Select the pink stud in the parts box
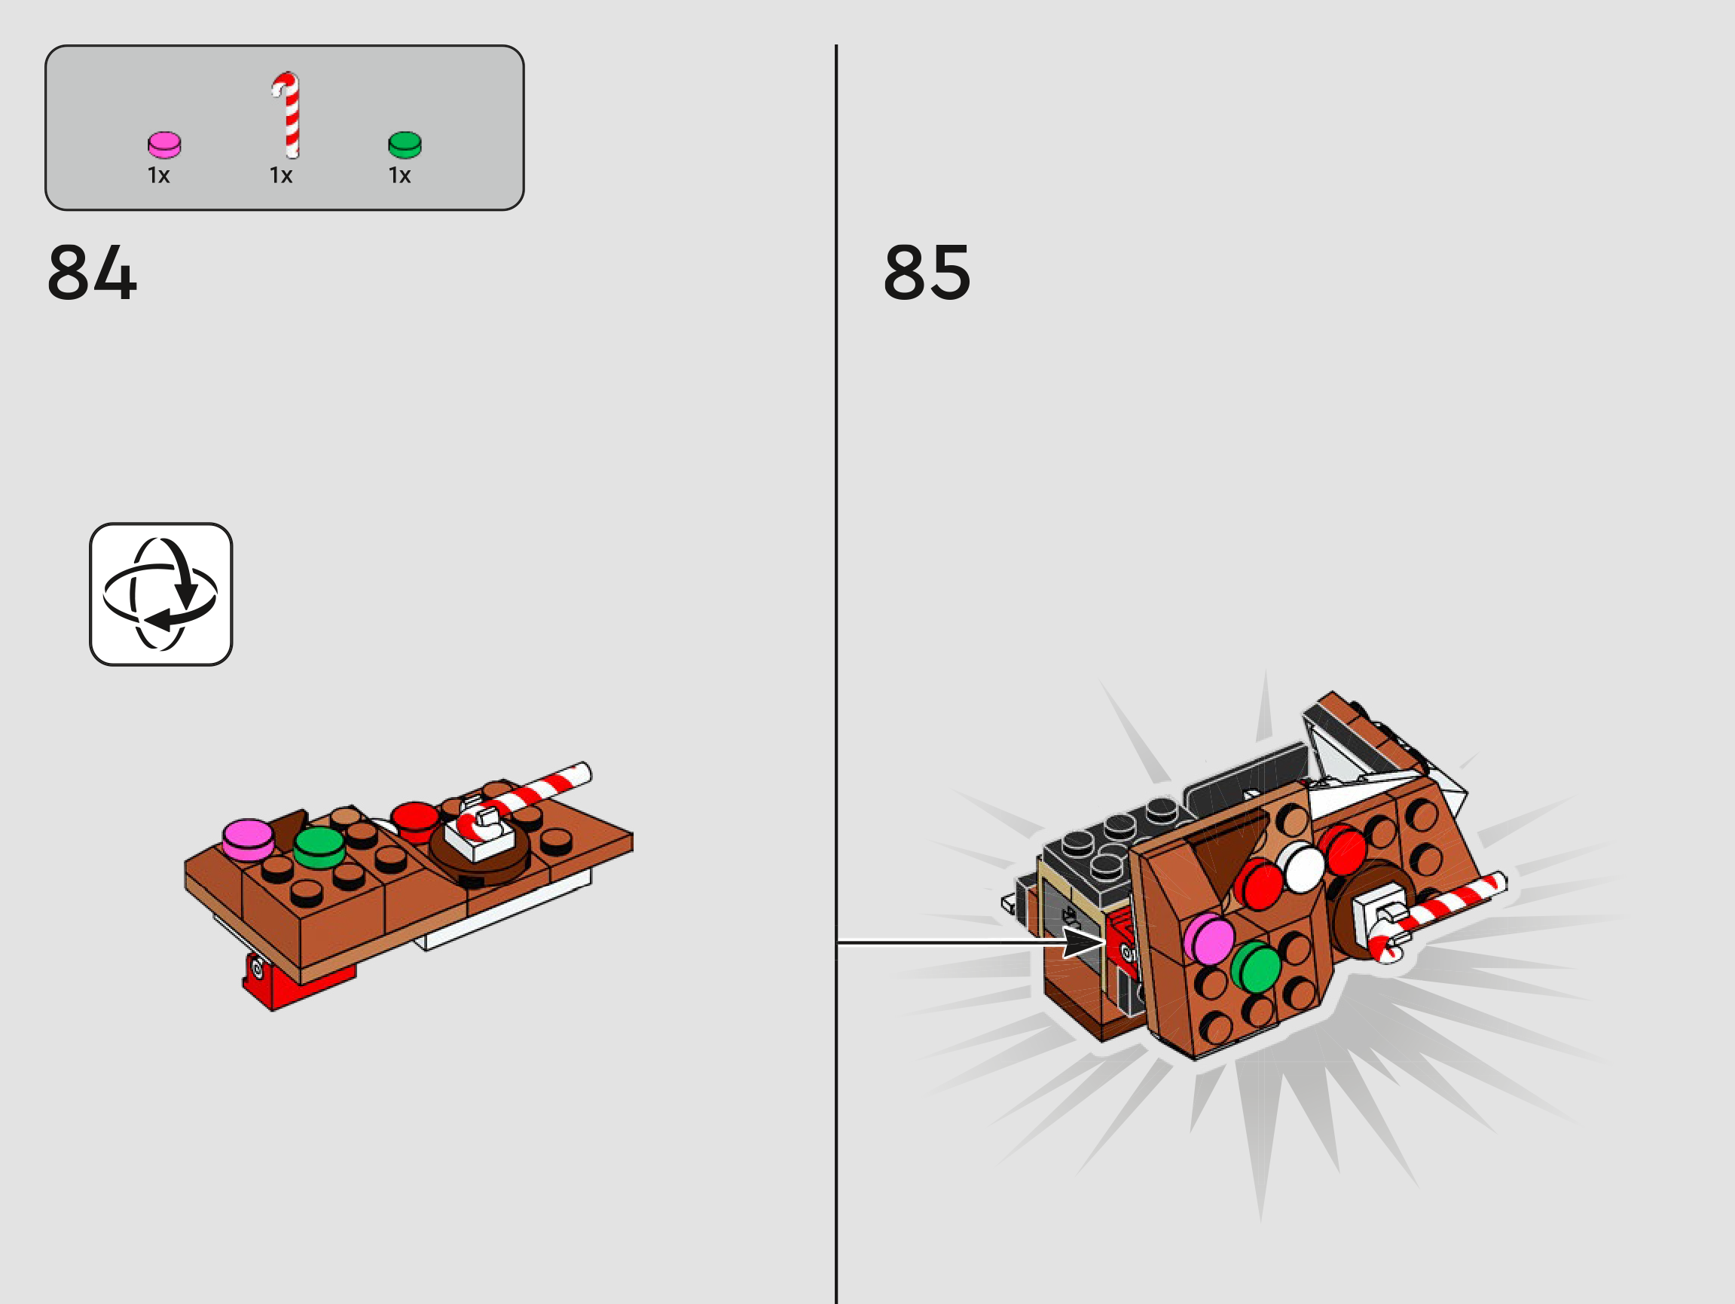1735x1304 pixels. click(x=165, y=145)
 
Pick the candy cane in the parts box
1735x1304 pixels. click(x=287, y=115)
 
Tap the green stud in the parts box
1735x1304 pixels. click(x=405, y=145)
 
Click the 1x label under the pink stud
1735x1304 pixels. click(x=158, y=176)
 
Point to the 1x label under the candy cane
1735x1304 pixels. click(x=281, y=176)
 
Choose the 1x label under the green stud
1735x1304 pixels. click(x=400, y=176)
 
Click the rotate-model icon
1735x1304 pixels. click(x=160, y=594)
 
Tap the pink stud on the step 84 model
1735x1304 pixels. click(x=248, y=839)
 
